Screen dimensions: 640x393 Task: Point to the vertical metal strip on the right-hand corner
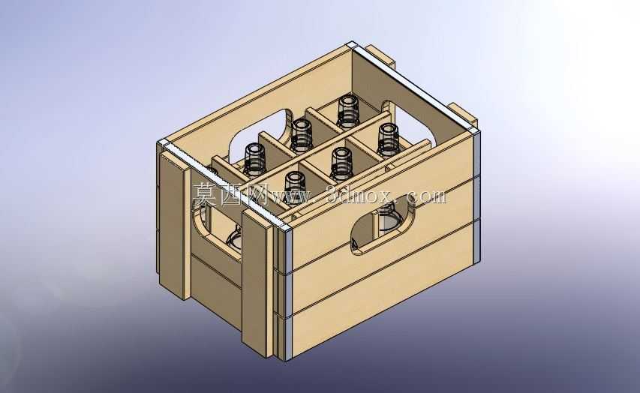(x=476, y=196)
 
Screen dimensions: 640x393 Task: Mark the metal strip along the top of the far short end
(x=413, y=87)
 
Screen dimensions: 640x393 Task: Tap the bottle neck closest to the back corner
(x=348, y=111)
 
